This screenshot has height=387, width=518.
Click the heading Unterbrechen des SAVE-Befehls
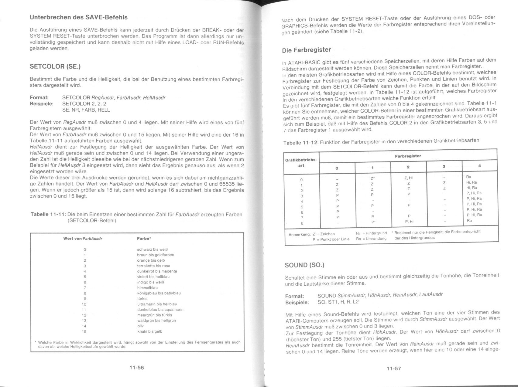pos(78,17)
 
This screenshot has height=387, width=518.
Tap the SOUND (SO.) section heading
pos(304,265)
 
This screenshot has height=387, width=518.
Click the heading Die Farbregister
pos(306,50)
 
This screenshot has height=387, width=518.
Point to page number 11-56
pos(136,368)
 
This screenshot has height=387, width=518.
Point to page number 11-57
pos(394,368)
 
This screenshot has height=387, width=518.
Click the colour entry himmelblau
pos(147,288)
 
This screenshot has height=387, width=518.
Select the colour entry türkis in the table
pos(142,299)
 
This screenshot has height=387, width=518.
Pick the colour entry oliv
pos(140,326)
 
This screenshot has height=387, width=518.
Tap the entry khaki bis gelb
pos(149,331)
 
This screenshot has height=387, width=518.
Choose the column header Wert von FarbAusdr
pos(83,239)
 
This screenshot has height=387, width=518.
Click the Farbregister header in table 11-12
pos(408,156)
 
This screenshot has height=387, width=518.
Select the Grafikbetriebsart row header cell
pos(301,163)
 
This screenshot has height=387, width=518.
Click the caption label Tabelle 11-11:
pos(48,215)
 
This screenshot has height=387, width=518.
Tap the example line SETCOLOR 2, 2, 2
pos(84,104)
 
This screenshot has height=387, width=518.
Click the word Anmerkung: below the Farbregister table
pos(300,234)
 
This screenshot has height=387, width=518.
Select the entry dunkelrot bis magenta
pos(157,271)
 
